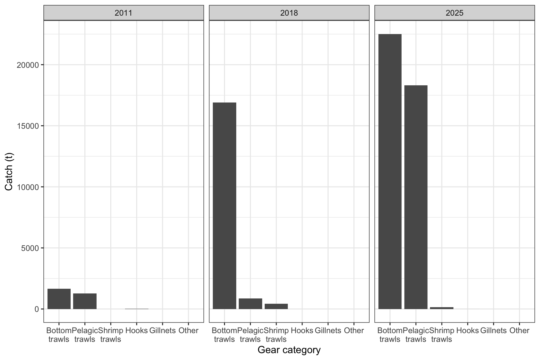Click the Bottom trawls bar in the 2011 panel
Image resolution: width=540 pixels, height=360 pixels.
pos(59,299)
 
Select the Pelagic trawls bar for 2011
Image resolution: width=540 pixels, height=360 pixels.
pos(85,301)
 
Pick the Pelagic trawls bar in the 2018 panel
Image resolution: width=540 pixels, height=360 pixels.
pos(250,304)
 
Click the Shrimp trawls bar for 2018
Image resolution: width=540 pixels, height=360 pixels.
pos(276,306)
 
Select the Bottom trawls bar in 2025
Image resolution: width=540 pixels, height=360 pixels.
pos(390,172)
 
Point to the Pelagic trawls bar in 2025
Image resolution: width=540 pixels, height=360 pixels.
pos(416,197)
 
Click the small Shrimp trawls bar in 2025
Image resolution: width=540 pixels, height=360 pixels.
pos(442,308)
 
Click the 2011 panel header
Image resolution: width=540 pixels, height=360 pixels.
pos(123,13)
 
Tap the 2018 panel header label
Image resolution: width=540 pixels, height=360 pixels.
pos(289,13)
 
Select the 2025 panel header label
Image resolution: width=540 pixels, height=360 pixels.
pos(454,13)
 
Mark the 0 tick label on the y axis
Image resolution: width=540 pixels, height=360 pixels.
pos(37,309)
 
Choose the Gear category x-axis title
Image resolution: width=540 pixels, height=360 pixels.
pos(289,350)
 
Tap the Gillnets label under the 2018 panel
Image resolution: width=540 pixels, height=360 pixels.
pos(328,331)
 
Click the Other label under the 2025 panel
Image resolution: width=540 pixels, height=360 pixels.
pos(519,331)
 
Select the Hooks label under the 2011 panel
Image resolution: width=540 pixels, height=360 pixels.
pos(136,331)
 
